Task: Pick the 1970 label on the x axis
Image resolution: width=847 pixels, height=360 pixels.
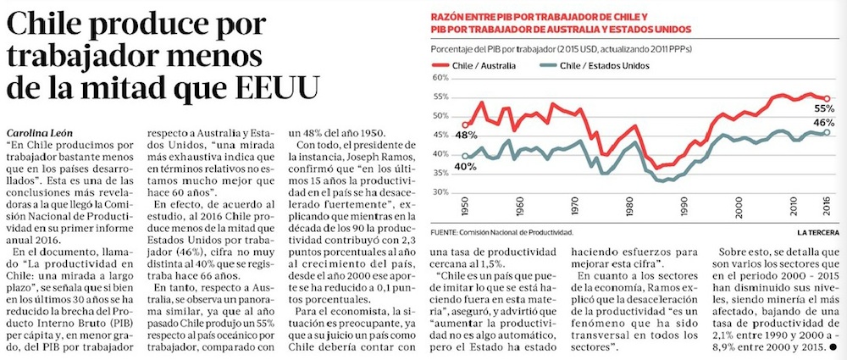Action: click(x=574, y=207)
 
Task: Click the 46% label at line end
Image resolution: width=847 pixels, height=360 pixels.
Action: click(x=823, y=124)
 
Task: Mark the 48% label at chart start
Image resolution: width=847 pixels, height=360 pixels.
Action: click(x=463, y=135)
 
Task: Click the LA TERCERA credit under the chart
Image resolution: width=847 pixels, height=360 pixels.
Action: click(x=817, y=231)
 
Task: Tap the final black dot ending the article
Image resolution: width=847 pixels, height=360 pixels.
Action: click(x=834, y=346)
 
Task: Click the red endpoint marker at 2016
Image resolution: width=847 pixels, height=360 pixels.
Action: click(x=827, y=98)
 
